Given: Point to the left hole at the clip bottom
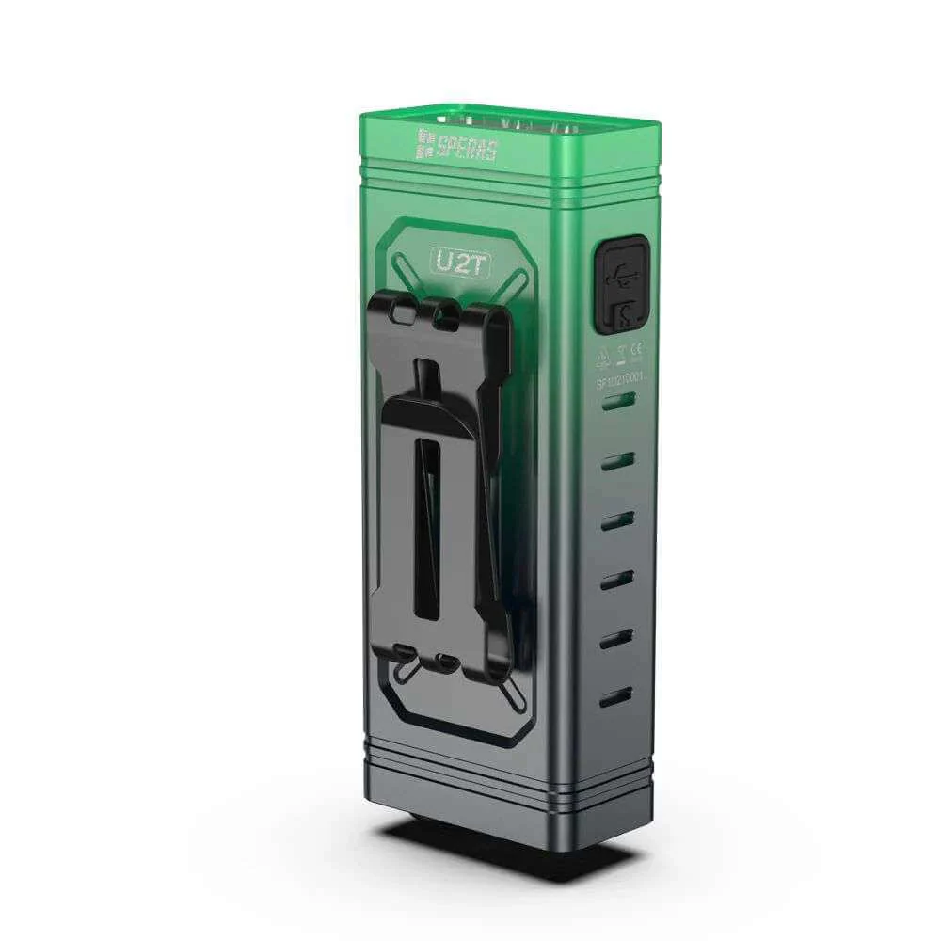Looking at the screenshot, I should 403,651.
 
